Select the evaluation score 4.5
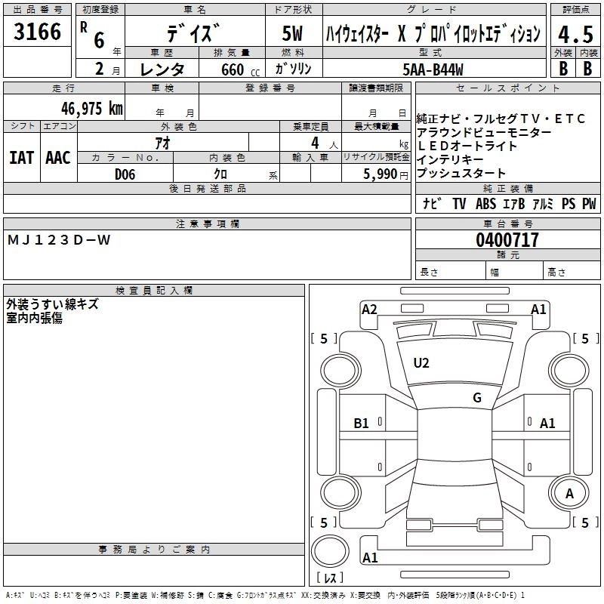tap(575, 34)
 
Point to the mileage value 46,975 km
tap(88, 108)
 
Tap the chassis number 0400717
tap(507, 241)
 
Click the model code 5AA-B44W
tap(433, 68)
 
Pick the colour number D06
tap(125, 174)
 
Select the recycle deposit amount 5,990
tap(381, 174)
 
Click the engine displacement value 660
tap(233, 69)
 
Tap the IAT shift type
tap(21, 158)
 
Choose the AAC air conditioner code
tap(57, 158)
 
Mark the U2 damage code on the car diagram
tap(421, 364)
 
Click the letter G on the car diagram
tap(476, 398)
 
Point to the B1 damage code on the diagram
tap(362, 424)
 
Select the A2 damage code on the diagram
tap(369, 309)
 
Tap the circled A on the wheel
tap(569, 493)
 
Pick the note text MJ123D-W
tap(59, 240)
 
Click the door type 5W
tap(294, 34)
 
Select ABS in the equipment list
tap(485, 204)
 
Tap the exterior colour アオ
tap(162, 143)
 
